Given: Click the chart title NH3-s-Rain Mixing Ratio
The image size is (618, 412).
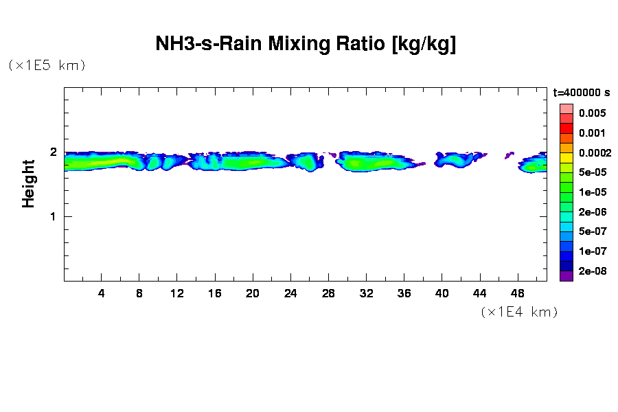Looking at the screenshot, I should tap(306, 45).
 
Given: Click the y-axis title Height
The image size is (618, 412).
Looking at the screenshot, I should tap(28, 183).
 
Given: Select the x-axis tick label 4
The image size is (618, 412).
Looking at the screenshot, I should tap(102, 293).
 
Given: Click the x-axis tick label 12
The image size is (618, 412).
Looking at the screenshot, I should tap(177, 293).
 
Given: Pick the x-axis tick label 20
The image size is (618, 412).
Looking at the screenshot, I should tap(253, 293).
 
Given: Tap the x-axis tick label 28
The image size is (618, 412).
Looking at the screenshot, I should tap(328, 293).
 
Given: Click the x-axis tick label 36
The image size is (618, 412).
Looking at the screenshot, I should tap(404, 293).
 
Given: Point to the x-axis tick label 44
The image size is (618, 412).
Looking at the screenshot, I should tap(479, 293).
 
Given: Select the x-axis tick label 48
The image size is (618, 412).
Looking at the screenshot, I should tap(517, 293).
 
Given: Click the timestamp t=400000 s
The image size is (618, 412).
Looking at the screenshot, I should tap(582, 92).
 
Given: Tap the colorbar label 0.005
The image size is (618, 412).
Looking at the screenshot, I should tap(591, 113).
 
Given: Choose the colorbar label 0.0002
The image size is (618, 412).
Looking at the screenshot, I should tap(594, 152).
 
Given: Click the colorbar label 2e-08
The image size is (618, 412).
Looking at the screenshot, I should tap(591, 271).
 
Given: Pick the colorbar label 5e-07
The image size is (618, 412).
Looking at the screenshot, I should tap(591, 231).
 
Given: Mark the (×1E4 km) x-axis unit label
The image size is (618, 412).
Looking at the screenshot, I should tap(519, 312).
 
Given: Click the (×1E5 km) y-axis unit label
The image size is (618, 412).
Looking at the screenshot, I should tap(47, 65).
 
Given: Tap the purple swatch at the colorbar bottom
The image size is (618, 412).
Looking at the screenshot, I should tap(566, 276).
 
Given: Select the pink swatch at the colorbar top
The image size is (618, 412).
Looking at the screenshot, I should tap(566, 108).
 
